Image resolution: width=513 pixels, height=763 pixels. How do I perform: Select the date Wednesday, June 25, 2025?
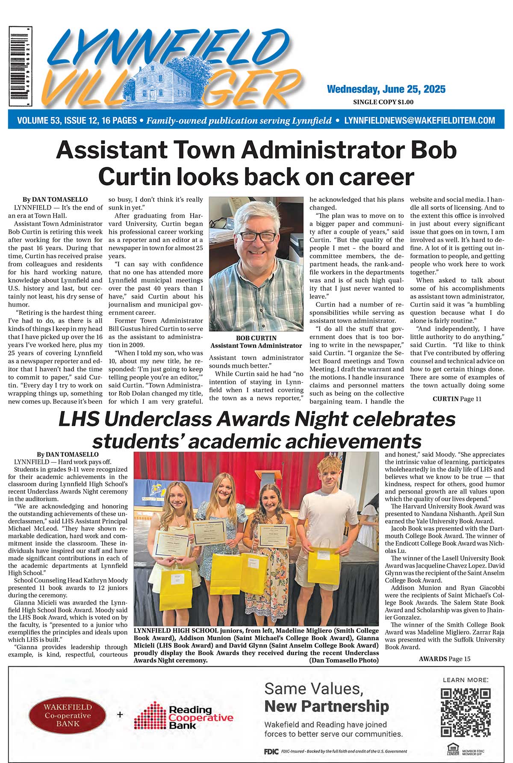tap(386, 89)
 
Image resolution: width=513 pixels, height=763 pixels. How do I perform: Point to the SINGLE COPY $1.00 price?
tap(383, 102)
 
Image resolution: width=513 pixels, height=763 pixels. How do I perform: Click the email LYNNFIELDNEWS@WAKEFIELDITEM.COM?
tap(419, 121)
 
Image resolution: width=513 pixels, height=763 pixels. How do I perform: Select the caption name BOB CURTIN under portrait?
tap(256, 338)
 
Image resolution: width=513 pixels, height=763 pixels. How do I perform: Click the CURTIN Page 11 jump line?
tap(457, 399)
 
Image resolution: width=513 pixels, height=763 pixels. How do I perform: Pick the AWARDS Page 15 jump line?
tap(444, 659)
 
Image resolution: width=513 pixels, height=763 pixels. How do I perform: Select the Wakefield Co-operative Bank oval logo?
tap(68, 715)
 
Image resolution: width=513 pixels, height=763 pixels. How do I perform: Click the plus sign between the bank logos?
tap(120, 715)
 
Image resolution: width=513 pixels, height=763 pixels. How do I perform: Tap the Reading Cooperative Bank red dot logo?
tap(150, 716)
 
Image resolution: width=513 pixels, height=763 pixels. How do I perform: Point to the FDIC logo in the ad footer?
tap(271, 751)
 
